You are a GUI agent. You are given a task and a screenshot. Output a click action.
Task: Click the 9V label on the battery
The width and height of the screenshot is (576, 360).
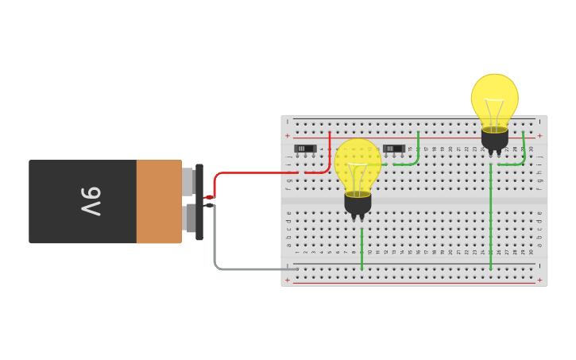point(90,202)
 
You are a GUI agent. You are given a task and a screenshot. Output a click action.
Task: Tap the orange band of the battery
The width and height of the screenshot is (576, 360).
point(159,202)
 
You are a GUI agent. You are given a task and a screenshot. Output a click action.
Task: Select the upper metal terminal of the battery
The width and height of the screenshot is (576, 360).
point(188,181)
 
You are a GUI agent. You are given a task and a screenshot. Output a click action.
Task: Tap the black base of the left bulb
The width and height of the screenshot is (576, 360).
point(358,203)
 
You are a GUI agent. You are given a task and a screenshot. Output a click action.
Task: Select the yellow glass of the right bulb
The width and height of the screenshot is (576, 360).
point(494,99)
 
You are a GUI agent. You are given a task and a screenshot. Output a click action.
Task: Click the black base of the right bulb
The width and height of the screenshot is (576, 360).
point(494,139)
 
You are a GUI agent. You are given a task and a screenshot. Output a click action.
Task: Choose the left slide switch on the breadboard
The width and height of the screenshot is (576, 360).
point(305,149)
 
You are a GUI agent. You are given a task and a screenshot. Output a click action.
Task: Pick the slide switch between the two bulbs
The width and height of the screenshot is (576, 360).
point(393,149)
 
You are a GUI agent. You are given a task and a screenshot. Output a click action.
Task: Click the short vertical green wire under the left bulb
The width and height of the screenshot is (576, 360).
point(361,248)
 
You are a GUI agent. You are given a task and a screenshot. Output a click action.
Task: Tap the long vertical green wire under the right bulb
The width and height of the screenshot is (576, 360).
point(490,215)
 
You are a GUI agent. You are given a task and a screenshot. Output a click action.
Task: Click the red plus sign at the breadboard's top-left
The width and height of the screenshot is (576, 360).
point(288,136)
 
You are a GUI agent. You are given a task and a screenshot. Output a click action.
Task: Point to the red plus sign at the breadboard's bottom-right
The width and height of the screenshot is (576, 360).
point(539,280)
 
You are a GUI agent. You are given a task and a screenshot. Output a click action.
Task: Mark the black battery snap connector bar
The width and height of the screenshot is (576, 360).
point(199,202)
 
